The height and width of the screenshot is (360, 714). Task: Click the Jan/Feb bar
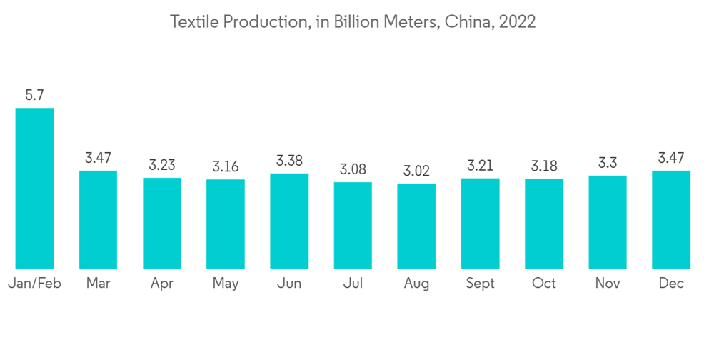point(34,188)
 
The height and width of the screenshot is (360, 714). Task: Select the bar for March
point(98,219)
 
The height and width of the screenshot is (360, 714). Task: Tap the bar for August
point(416,226)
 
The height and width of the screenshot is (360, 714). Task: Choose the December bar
point(671,219)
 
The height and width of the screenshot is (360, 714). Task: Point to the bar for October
point(544,224)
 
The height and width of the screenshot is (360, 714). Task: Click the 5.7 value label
point(34,95)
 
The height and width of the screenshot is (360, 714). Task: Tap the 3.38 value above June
point(289,160)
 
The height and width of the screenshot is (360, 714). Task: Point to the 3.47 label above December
point(671,158)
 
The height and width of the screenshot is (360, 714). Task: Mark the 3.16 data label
point(226,166)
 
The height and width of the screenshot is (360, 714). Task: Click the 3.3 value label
point(608,163)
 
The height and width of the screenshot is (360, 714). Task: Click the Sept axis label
point(480,284)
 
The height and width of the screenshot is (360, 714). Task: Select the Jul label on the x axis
point(353,284)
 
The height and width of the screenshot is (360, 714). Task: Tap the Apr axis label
point(162,284)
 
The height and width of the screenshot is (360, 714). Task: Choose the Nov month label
point(608,284)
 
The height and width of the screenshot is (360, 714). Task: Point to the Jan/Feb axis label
point(34,284)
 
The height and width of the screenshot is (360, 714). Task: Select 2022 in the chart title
point(517,22)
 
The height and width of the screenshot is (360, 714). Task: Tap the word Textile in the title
point(194,22)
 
